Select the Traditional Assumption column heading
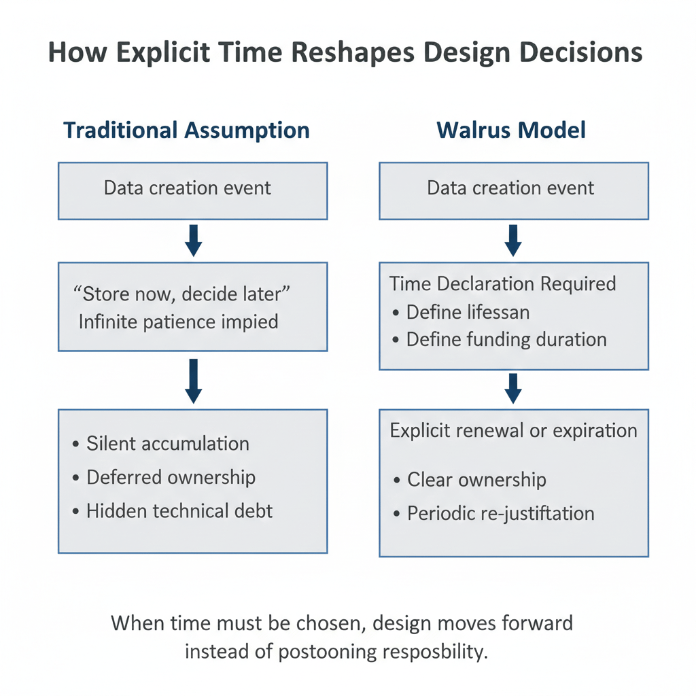click(186, 130)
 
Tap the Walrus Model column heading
click(511, 130)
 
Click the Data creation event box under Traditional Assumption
click(192, 190)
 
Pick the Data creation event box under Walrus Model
click(513, 190)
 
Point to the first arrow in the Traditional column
click(193, 241)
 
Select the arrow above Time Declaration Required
click(513, 241)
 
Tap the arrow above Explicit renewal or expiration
click(513, 389)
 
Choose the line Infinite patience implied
click(178, 321)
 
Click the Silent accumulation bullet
click(167, 444)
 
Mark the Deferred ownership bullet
click(171, 477)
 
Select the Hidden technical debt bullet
click(179, 510)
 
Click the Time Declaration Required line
click(503, 283)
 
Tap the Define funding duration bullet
click(506, 338)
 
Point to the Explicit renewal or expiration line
click(513, 430)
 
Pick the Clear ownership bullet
click(476, 480)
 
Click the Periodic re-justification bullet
click(500, 513)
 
